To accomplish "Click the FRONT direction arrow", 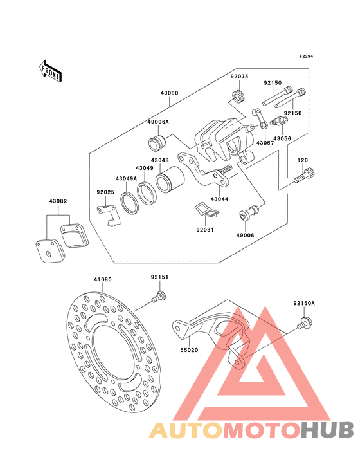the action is [x=50, y=71].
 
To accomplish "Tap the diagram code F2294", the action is [x=306, y=56].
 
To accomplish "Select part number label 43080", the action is [x=169, y=93].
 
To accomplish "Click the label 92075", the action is [x=239, y=77].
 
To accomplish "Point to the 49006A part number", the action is [x=158, y=122].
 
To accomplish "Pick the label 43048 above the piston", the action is [x=160, y=160].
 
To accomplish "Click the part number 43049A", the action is [x=126, y=178].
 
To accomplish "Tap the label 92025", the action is [x=105, y=192].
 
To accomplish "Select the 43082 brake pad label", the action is [x=59, y=201].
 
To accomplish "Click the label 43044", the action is [x=219, y=199].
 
